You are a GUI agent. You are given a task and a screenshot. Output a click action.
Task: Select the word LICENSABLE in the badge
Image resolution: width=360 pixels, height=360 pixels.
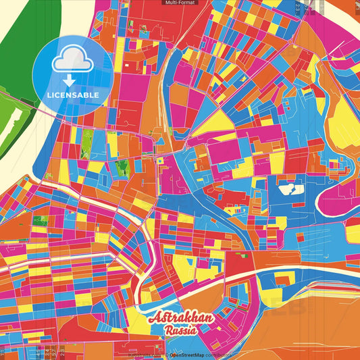pyautogui.click(x=72, y=95)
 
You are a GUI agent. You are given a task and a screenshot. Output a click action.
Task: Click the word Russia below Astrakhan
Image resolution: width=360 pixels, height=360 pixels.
pyautogui.click(x=180, y=331)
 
